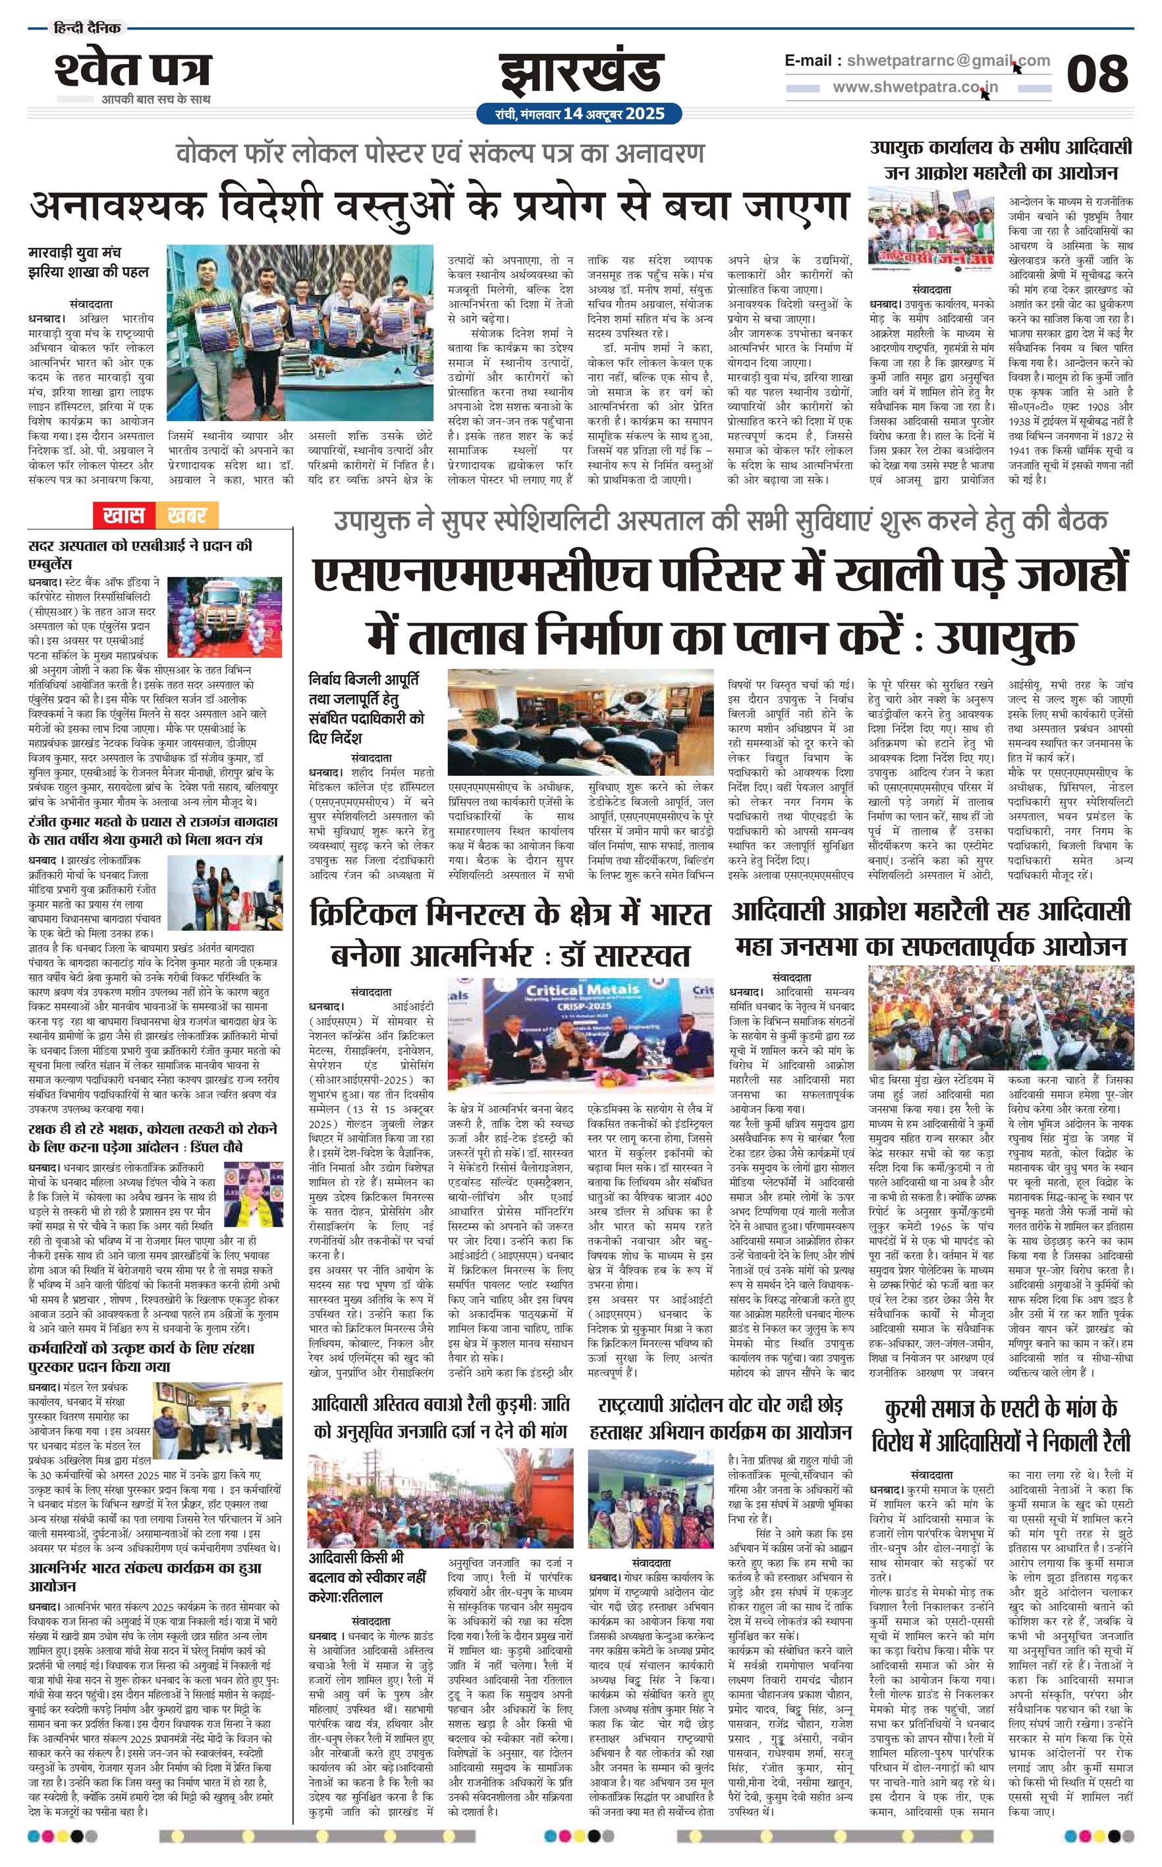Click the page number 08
click(1097, 74)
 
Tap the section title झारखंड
click(580, 74)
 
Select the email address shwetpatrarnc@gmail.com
click(945, 61)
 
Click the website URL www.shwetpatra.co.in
click(916, 88)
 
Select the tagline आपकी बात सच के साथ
click(156, 99)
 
